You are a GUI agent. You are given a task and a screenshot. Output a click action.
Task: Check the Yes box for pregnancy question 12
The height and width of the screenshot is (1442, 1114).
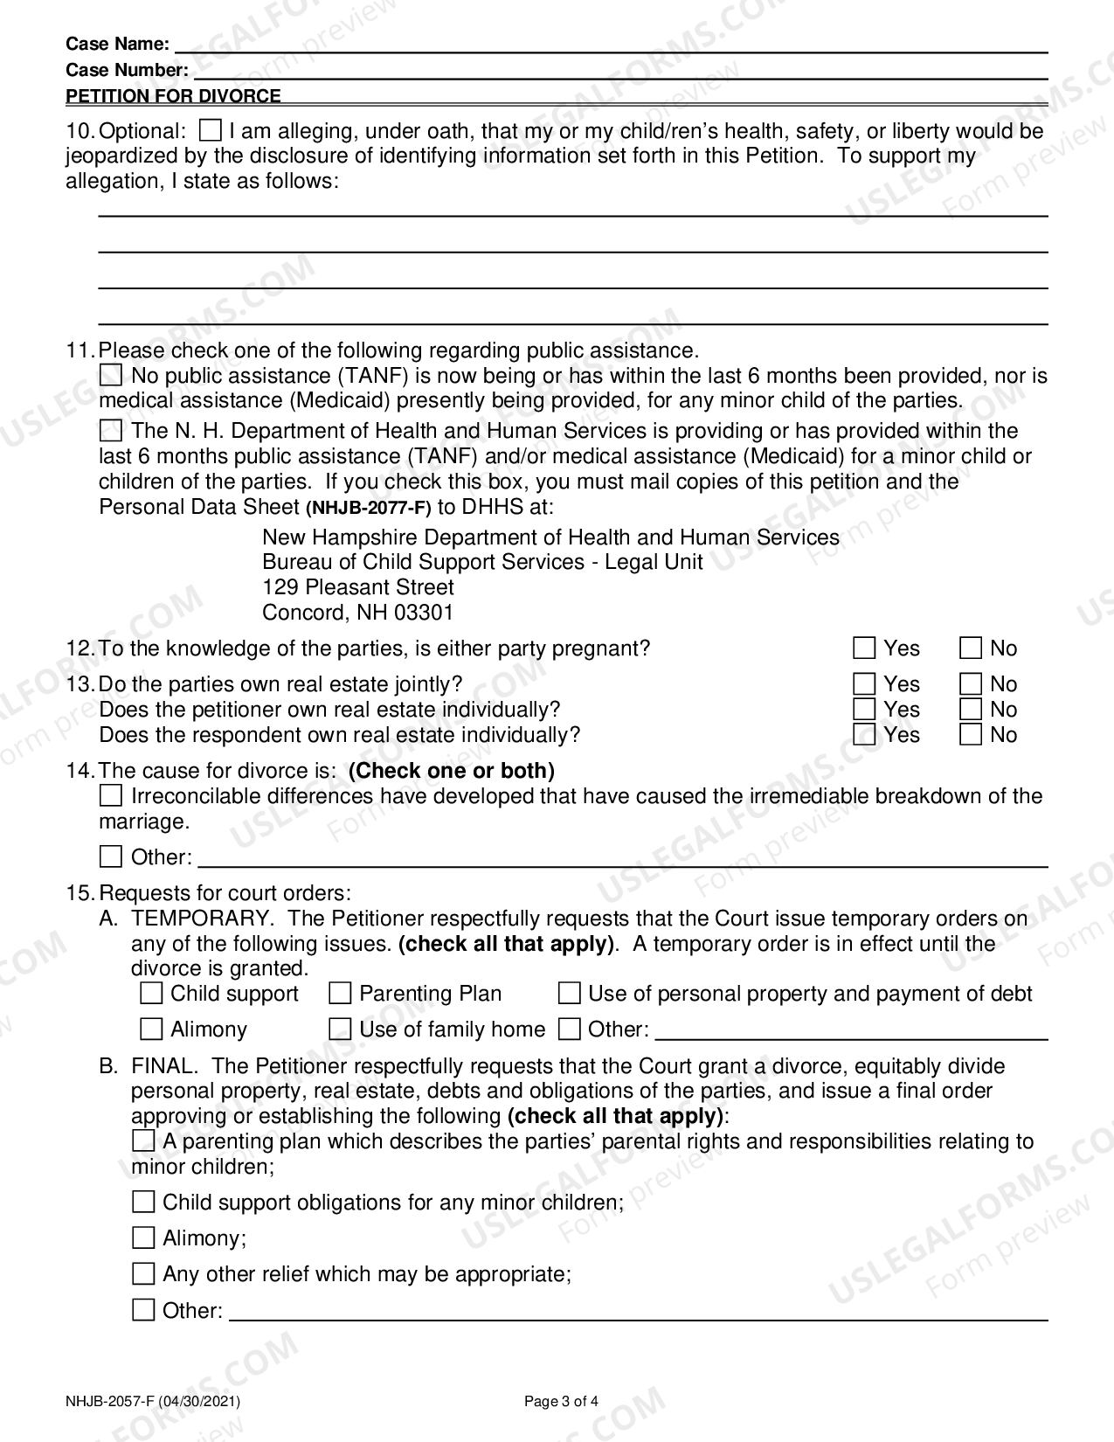click(x=864, y=648)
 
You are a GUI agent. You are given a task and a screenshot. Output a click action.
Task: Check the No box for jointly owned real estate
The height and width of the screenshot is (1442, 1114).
click(x=971, y=684)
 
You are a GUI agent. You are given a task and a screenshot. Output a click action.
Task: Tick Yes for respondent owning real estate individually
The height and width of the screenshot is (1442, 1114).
click(x=864, y=735)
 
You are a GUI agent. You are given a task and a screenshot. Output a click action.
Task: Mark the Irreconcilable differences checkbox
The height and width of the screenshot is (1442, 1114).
click(x=111, y=796)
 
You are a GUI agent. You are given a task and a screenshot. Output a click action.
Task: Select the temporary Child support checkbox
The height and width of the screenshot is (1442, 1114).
click(x=151, y=994)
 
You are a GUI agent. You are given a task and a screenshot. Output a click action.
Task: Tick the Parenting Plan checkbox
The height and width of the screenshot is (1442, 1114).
click(x=340, y=994)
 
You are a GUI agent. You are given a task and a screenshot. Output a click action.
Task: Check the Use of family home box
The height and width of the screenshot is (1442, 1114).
click(x=340, y=1030)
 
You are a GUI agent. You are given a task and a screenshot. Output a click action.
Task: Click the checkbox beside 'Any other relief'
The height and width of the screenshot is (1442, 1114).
click(x=143, y=1274)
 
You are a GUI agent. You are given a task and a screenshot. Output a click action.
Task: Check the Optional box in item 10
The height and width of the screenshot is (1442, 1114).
click(x=211, y=131)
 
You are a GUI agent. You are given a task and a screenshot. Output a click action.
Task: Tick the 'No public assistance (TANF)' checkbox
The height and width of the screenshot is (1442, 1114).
click(x=111, y=376)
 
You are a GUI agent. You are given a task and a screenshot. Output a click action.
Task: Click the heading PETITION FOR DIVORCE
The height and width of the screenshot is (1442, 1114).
click(x=174, y=96)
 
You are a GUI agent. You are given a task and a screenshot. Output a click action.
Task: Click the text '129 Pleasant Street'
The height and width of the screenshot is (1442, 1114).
click(x=358, y=587)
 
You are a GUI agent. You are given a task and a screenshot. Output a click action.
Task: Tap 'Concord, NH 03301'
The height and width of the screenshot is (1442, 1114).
click(x=358, y=613)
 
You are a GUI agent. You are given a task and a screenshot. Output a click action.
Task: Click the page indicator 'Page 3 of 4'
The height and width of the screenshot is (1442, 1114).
click(x=561, y=1402)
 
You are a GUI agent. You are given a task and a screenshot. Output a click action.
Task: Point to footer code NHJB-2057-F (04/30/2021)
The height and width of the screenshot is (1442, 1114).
click(x=153, y=1402)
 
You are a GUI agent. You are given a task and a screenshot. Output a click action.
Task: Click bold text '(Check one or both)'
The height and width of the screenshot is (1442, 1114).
click(x=451, y=771)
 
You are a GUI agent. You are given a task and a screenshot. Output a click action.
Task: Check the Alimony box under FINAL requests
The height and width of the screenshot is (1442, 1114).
click(x=143, y=1238)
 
